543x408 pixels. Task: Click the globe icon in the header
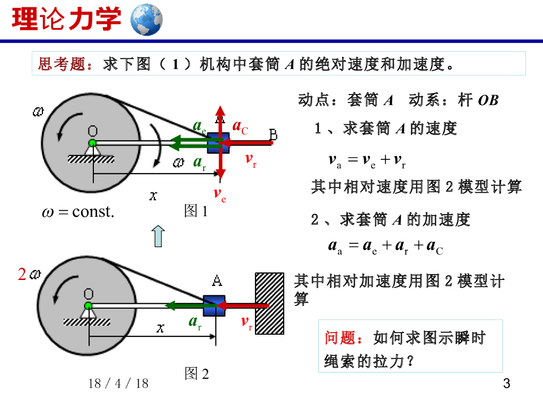pyautogui.click(x=146, y=19)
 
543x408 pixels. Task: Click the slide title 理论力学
pyautogui.click(x=66, y=20)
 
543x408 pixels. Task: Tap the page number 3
pyautogui.click(x=506, y=384)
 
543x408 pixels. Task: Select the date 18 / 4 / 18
pyautogui.click(x=119, y=383)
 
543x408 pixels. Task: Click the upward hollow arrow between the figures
pyautogui.click(x=158, y=236)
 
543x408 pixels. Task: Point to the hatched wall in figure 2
pyautogui.click(x=269, y=303)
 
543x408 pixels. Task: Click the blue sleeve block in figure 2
pyautogui.click(x=214, y=306)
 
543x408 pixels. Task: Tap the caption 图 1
pyautogui.click(x=196, y=211)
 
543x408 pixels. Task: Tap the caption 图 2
pyautogui.click(x=196, y=374)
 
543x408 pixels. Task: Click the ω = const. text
pyautogui.click(x=78, y=212)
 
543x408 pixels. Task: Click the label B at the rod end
pyautogui.click(x=274, y=135)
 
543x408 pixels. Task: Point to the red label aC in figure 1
pyautogui.click(x=240, y=127)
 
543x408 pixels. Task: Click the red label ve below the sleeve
pyautogui.click(x=220, y=194)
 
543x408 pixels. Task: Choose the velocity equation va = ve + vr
pyautogui.click(x=367, y=161)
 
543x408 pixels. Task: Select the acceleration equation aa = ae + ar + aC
pyautogui.click(x=386, y=246)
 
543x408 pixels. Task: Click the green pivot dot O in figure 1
pyautogui.click(x=92, y=143)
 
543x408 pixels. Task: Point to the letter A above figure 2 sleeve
pyautogui.click(x=217, y=280)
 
